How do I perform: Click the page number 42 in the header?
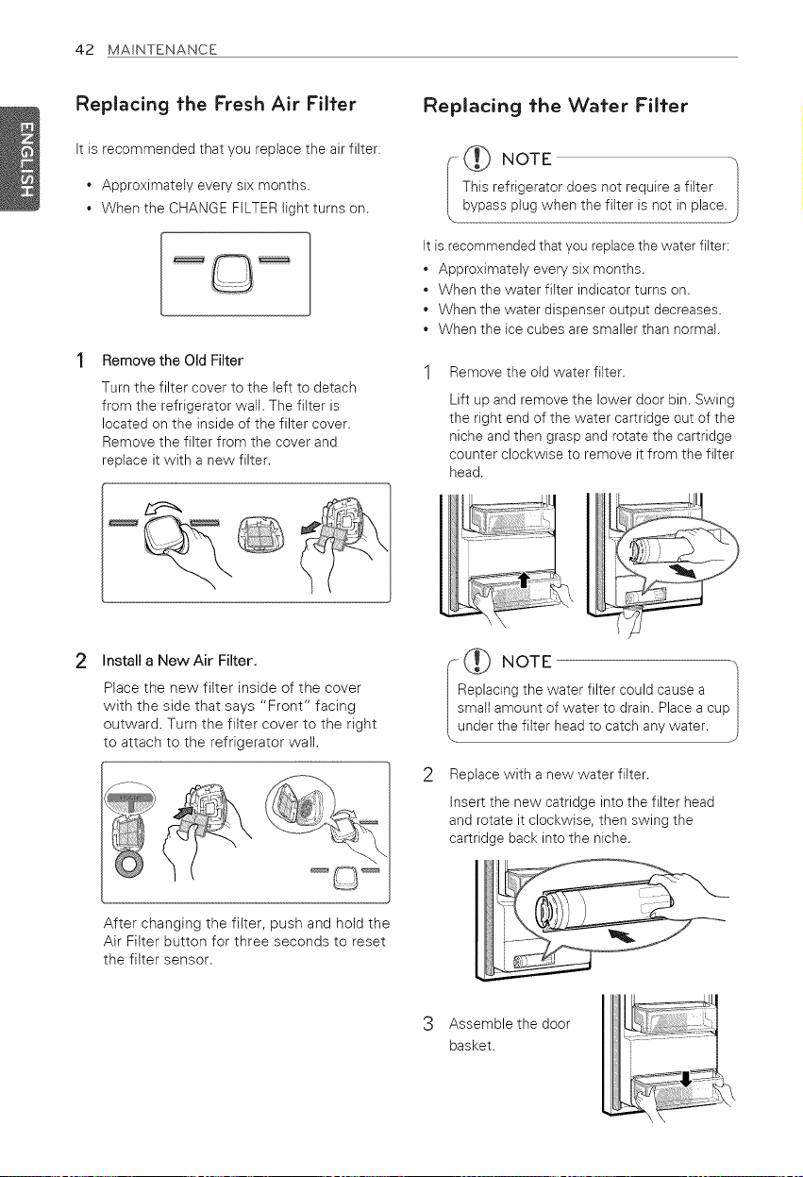(x=85, y=50)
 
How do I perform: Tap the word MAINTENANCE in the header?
(x=161, y=50)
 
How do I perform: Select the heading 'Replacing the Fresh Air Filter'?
(x=216, y=105)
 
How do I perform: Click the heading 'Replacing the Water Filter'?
(x=555, y=106)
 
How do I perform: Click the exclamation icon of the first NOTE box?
(x=477, y=159)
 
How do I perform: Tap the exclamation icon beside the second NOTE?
(x=477, y=661)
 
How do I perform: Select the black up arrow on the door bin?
(x=523, y=580)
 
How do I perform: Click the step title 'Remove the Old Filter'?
(x=173, y=361)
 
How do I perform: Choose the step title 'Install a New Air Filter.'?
(x=179, y=661)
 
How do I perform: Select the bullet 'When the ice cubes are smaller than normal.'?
(x=578, y=329)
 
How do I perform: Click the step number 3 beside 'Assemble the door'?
(x=428, y=1024)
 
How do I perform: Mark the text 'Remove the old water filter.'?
(x=537, y=373)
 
